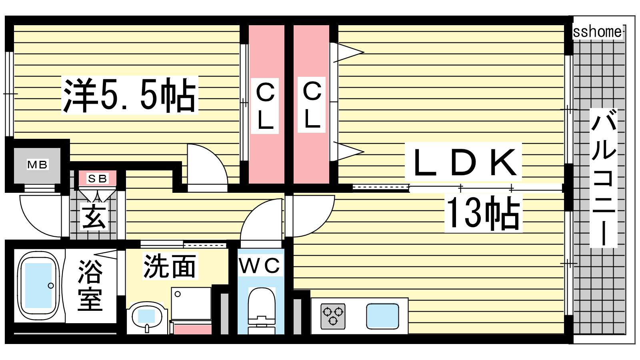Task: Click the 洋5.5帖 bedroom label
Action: (130, 95)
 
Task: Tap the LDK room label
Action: (463, 162)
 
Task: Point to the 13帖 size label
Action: (483, 213)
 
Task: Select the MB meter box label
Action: (37, 164)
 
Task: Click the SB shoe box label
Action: (97, 178)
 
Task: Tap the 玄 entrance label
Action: (94, 216)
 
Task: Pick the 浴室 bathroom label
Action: (90, 285)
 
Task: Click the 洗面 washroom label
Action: (170, 266)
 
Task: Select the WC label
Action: (260, 266)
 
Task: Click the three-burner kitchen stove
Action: (333, 316)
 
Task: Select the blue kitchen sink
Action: (382, 316)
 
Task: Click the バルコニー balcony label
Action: (603, 178)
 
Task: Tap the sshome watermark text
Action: (597, 32)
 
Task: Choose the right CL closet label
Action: (312, 105)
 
